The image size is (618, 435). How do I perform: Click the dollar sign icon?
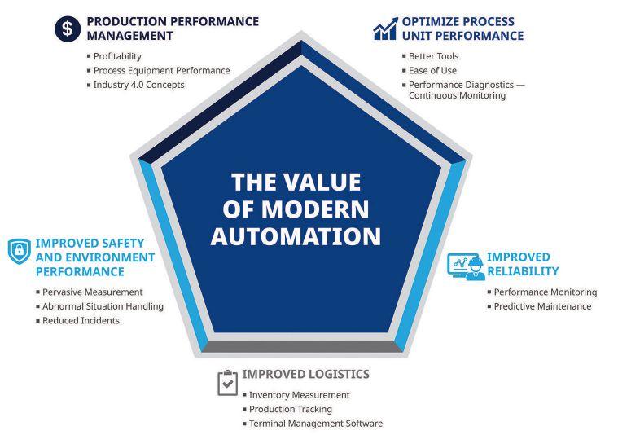pos(68,29)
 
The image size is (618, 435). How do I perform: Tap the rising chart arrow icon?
pos(384,29)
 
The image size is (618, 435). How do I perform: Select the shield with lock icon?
pos(19,252)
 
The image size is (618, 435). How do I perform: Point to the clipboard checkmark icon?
pos(227,383)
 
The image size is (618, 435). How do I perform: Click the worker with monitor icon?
pos(465,266)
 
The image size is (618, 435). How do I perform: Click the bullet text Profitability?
pos(117,56)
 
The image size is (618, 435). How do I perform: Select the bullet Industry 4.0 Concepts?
pos(138,84)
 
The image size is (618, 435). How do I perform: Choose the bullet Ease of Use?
pos(432,70)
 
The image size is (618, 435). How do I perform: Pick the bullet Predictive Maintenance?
pos(542,306)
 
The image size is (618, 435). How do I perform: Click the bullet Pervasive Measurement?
pos(93,292)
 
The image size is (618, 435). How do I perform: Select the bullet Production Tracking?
pos(291,409)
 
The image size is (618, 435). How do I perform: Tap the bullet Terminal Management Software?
pos(315,424)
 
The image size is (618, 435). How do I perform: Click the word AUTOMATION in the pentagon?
pos(296,236)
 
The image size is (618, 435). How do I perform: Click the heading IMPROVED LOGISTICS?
pos(305,374)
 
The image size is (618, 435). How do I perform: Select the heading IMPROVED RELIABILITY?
pos(522,264)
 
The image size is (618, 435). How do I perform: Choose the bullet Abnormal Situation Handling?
pos(103,306)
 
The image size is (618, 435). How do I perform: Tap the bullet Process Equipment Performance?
pos(161,70)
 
